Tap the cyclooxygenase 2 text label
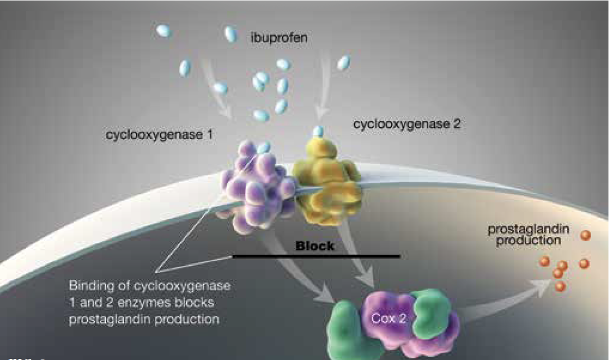coord(406,124)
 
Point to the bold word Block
coord(315,246)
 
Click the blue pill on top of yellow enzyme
coord(319,131)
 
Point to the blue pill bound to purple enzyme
coord(263,148)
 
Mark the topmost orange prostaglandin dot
coord(585,236)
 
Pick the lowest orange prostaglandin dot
coord(561,285)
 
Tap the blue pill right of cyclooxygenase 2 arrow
coord(343,63)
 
